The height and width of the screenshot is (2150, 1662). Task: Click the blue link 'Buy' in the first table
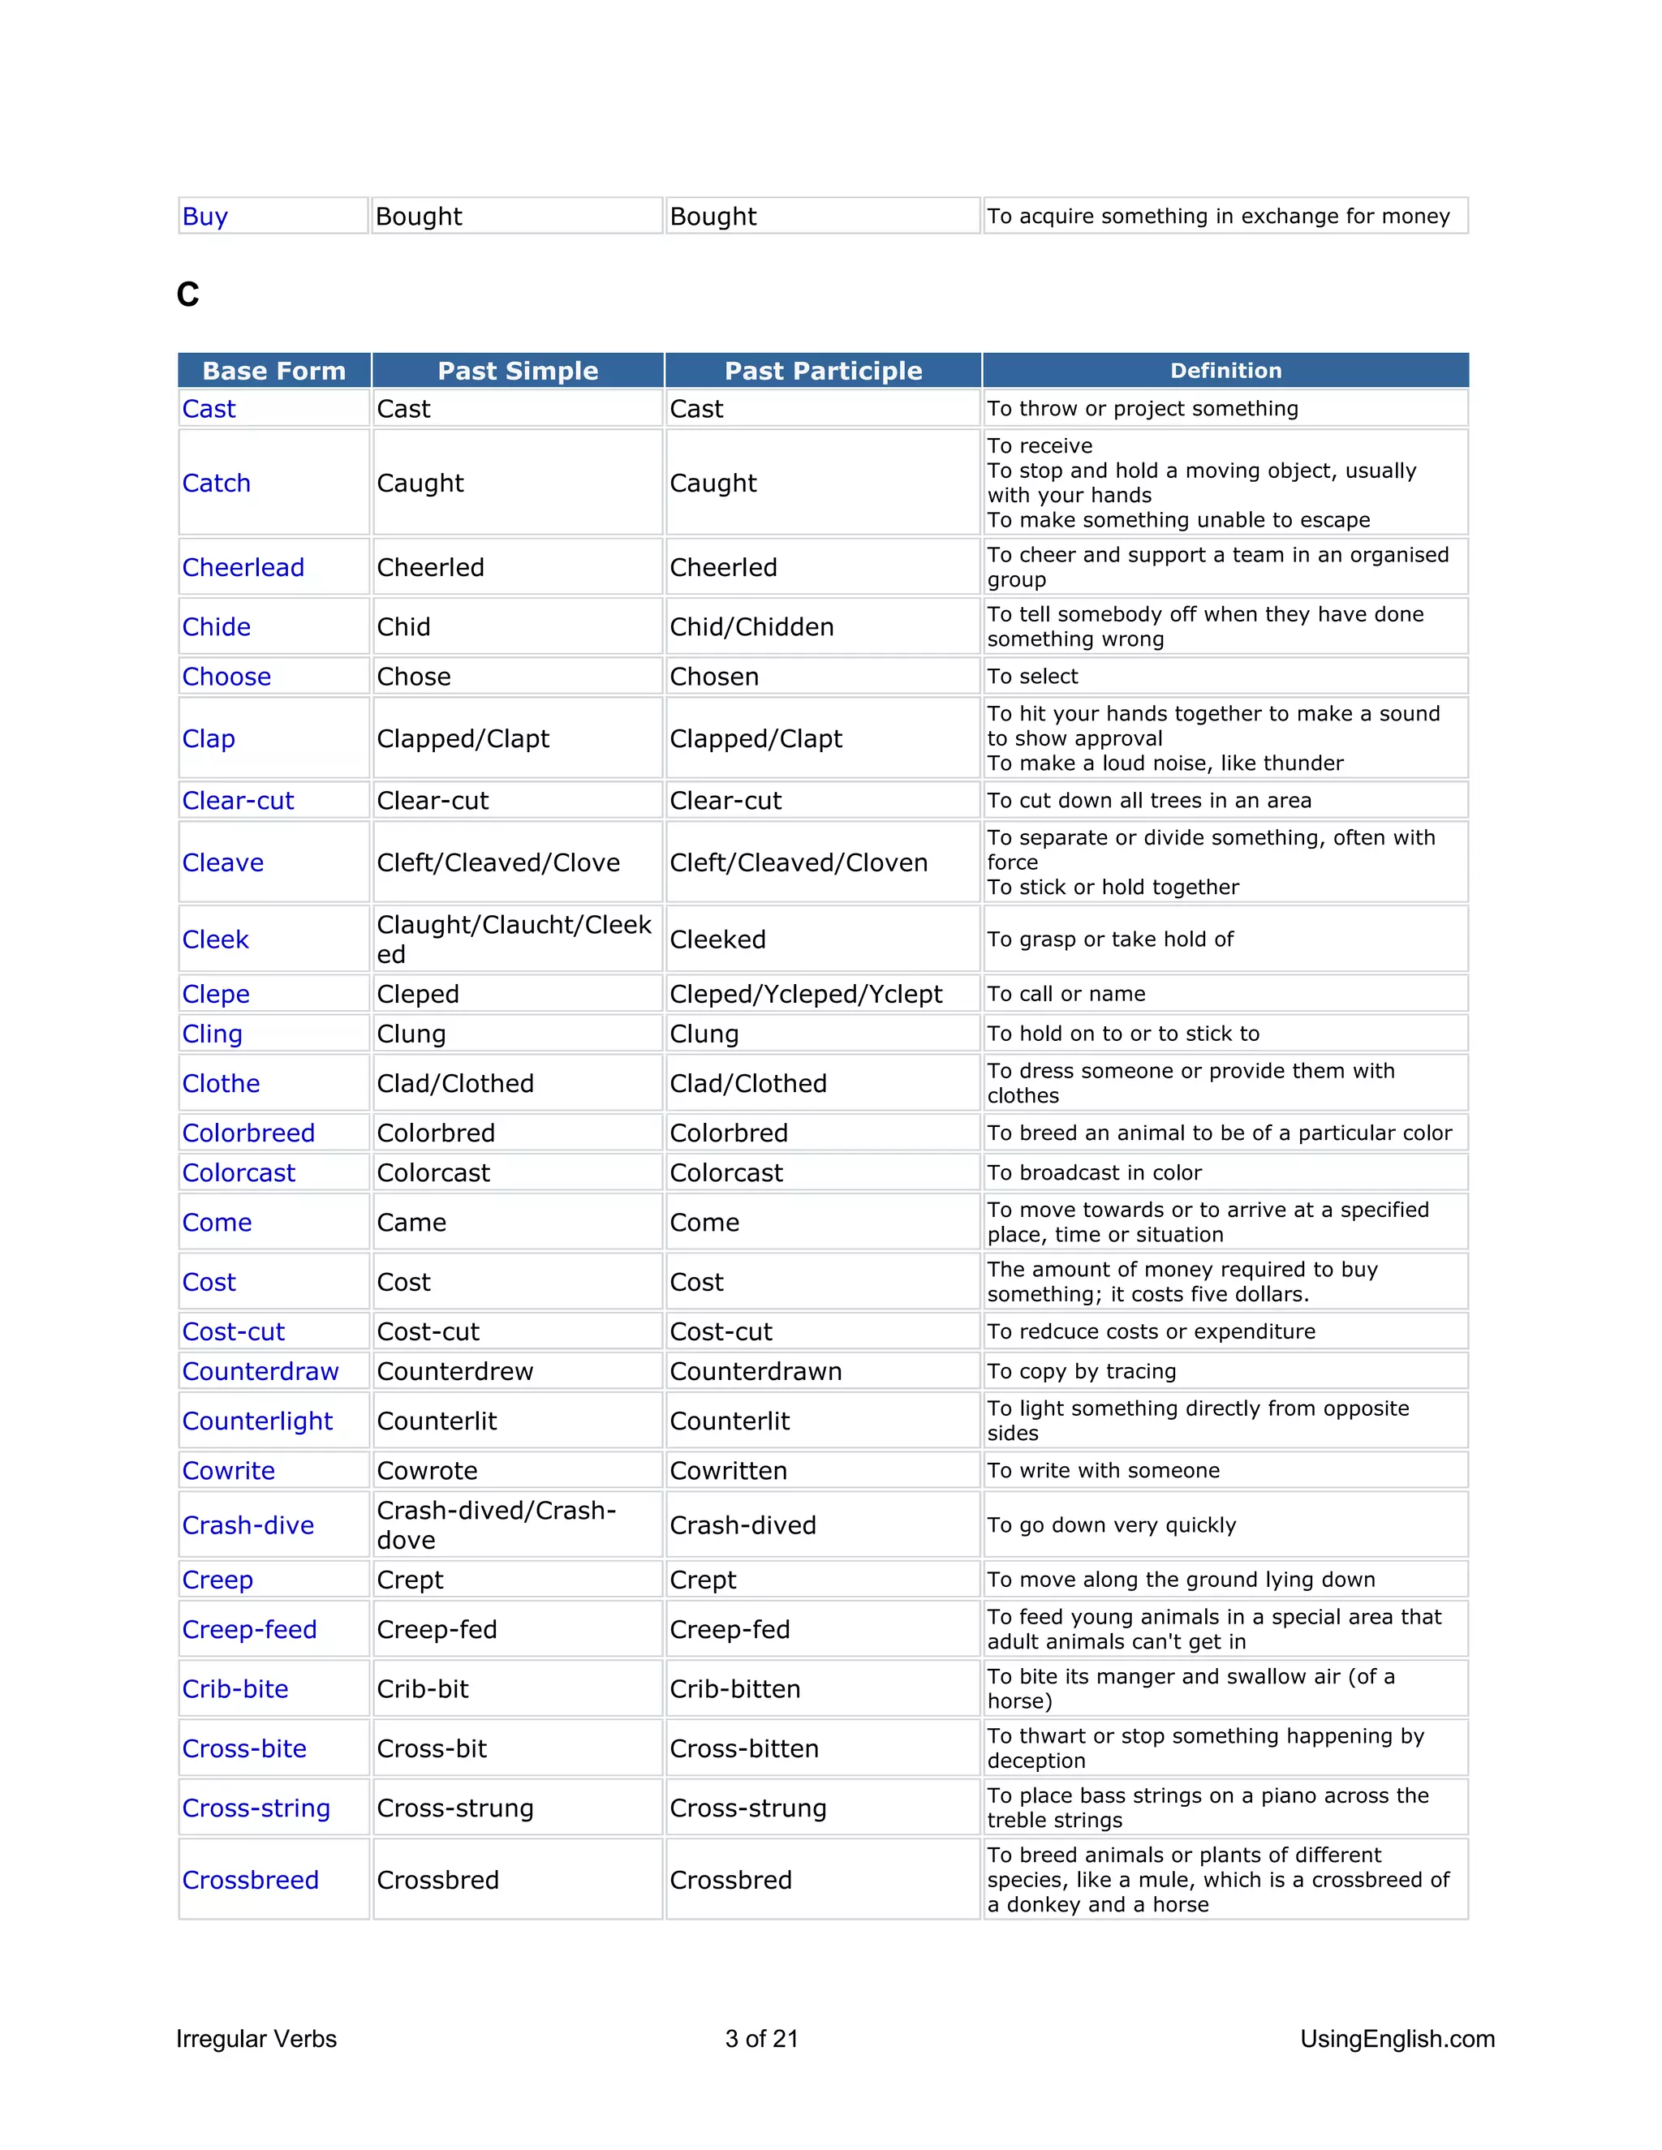click(205, 217)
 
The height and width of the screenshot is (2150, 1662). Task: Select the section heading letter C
click(187, 295)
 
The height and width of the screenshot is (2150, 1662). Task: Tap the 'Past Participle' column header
click(823, 371)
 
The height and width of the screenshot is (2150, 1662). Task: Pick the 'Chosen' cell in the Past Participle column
click(714, 677)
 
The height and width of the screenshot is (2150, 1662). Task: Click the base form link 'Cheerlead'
click(243, 568)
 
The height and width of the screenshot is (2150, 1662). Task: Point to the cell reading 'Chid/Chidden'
click(751, 627)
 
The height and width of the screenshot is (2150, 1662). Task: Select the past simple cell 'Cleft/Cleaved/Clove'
click(498, 863)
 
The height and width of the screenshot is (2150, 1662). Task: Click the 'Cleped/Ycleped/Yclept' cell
click(805, 995)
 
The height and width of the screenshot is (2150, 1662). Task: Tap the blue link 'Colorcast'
click(239, 1173)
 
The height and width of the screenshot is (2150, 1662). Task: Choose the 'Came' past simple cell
click(411, 1223)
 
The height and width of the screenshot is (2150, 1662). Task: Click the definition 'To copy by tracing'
click(1081, 1371)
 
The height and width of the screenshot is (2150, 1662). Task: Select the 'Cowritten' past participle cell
click(728, 1471)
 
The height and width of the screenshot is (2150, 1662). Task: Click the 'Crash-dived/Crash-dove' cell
click(496, 1525)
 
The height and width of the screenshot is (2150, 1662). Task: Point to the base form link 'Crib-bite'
click(235, 1689)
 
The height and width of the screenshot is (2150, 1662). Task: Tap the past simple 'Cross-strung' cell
click(455, 1808)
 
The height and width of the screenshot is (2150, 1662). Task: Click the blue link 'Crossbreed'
click(250, 1881)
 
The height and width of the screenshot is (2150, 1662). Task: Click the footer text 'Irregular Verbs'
click(256, 2039)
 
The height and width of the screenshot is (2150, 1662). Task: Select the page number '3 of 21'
click(761, 2039)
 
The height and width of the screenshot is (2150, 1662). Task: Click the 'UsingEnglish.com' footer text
click(1396, 2039)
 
